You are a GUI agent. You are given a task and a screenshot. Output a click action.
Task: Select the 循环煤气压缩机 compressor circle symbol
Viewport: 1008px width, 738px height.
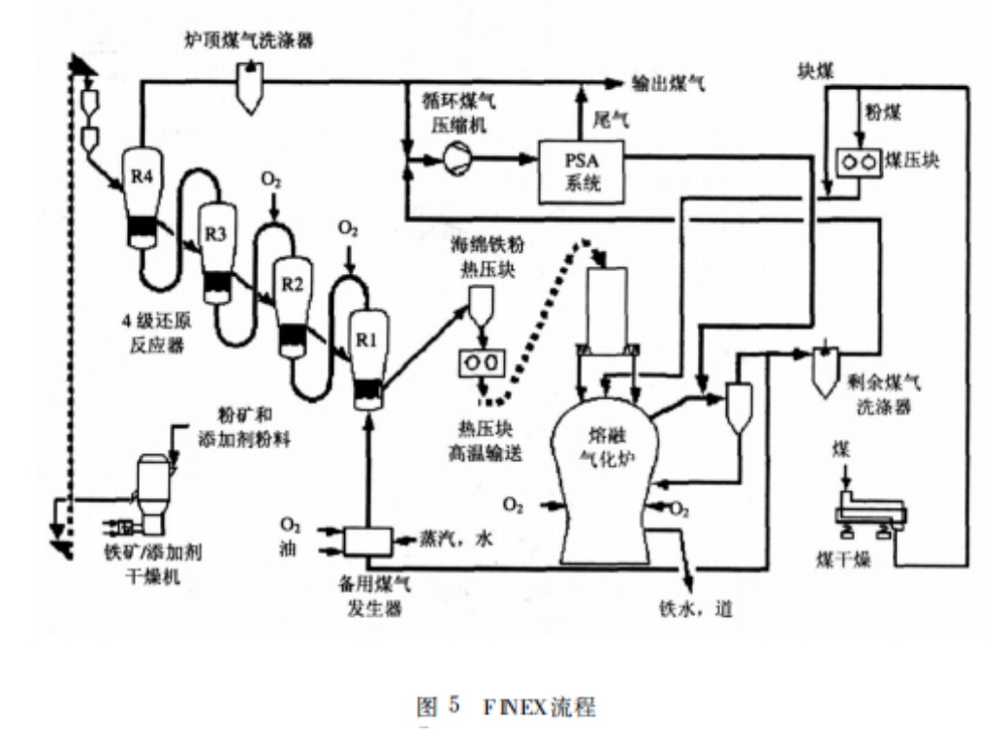tap(456, 158)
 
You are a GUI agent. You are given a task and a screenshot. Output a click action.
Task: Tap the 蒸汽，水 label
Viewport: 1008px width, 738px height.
tap(457, 539)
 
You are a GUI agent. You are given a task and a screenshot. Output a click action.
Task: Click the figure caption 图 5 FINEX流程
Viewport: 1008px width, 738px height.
tap(505, 705)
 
